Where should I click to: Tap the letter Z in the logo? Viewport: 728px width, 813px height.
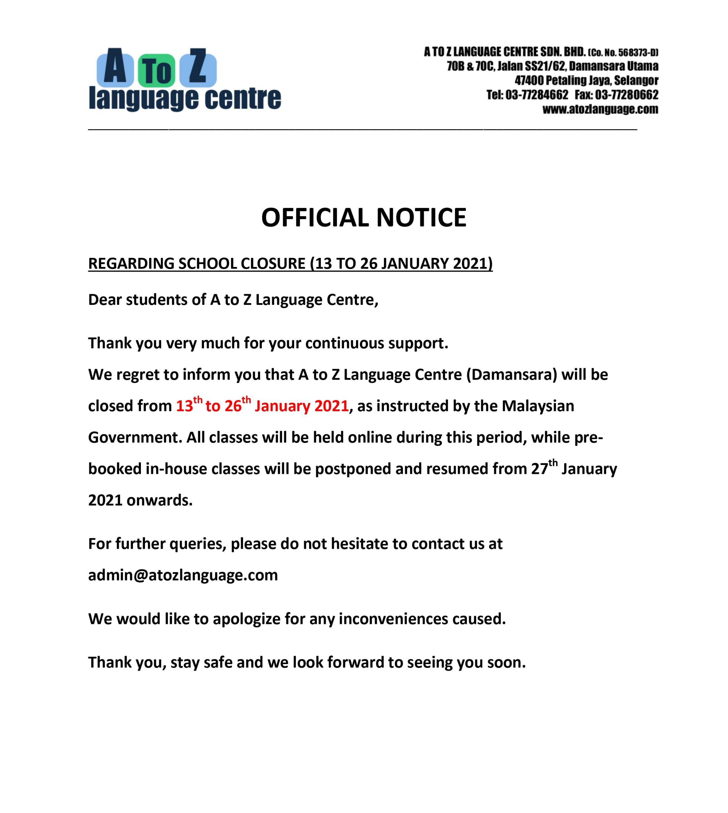click(x=198, y=67)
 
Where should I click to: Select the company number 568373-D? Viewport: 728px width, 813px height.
click(x=637, y=52)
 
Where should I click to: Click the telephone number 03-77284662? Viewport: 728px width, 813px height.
click(x=537, y=95)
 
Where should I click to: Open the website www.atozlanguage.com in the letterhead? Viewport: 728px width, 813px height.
click(x=600, y=109)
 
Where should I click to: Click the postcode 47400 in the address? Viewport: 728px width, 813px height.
click(x=529, y=80)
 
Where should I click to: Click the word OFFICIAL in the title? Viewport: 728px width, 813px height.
click(x=314, y=218)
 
